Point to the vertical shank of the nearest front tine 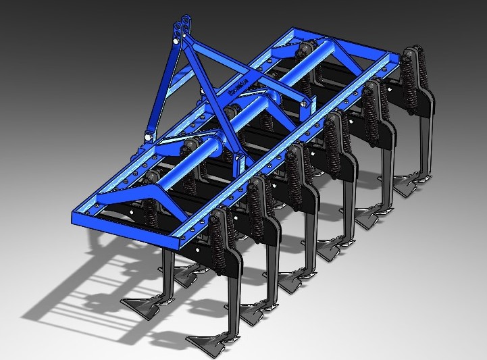click(230, 297)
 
